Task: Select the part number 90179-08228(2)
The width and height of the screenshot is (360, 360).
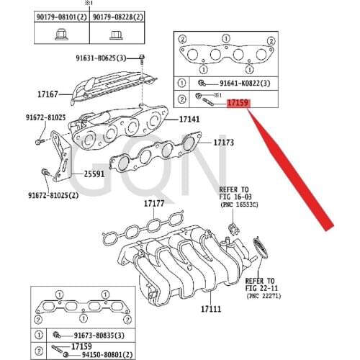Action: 115,15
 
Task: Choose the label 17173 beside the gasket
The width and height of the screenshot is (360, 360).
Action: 223,143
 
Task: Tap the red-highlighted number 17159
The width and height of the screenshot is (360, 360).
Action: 238,104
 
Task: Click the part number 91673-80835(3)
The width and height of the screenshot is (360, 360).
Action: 99,336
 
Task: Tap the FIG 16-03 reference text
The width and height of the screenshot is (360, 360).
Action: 235,197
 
